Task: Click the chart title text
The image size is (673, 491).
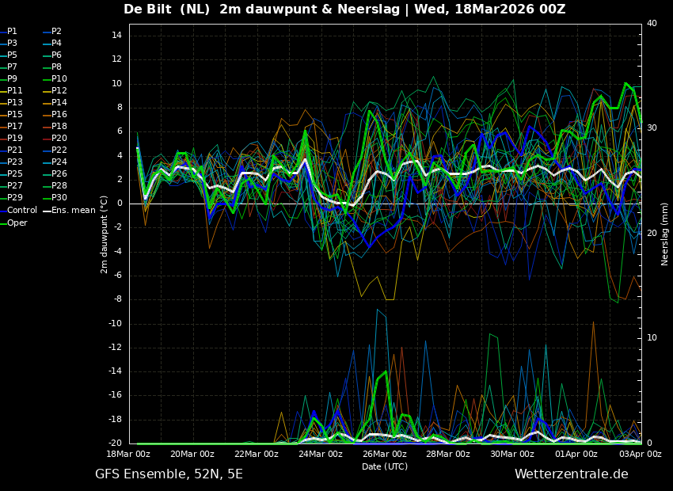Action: (x=344, y=10)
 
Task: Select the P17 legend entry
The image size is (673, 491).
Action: (x=15, y=127)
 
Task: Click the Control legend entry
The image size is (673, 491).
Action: (x=21, y=211)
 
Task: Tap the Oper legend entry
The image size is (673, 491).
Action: (x=17, y=223)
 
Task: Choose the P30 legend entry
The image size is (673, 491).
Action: (x=59, y=198)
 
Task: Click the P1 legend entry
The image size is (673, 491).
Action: (x=12, y=32)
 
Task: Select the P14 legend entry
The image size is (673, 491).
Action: (x=59, y=103)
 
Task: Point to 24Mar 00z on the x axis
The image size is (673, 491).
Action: (x=320, y=455)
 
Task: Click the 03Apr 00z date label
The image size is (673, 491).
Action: (x=640, y=455)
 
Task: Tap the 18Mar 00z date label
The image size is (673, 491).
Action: (x=128, y=455)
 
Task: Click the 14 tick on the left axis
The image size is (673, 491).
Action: (x=116, y=36)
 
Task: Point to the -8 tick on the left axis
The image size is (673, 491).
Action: (x=116, y=299)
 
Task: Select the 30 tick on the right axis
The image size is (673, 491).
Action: (x=652, y=128)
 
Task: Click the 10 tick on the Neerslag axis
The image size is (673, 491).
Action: (x=652, y=338)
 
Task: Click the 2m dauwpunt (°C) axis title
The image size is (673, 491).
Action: (x=105, y=234)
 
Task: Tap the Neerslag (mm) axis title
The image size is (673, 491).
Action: (x=665, y=234)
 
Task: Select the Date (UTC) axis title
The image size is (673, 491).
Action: (x=385, y=467)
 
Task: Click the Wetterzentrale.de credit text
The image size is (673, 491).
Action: (x=571, y=474)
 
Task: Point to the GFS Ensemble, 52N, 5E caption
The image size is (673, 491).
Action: (x=169, y=474)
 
